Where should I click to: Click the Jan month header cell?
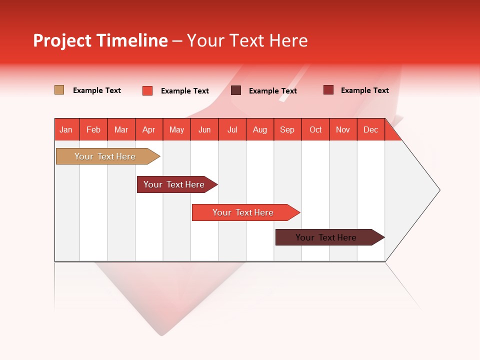[x=66, y=129]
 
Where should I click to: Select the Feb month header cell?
[x=93, y=129]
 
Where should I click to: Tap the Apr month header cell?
[x=148, y=129]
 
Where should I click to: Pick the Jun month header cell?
[x=204, y=129]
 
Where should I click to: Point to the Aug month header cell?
[x=259, y=129]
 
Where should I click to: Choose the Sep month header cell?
[x=287, y=129]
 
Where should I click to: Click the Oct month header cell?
[x=315, y=129]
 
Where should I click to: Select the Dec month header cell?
[x=370, y=129]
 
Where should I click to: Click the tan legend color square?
[x=59, y=90]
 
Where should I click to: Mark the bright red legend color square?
[x=147, y=90]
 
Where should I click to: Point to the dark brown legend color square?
[x=236, y=90]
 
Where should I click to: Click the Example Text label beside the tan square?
[x=97, y=90]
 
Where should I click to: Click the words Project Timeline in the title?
[x=100, y=40]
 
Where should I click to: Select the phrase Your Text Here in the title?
[x=247, y=40]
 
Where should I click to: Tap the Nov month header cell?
[x=342, y=129]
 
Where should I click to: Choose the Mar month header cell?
[x=121, y=129]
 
